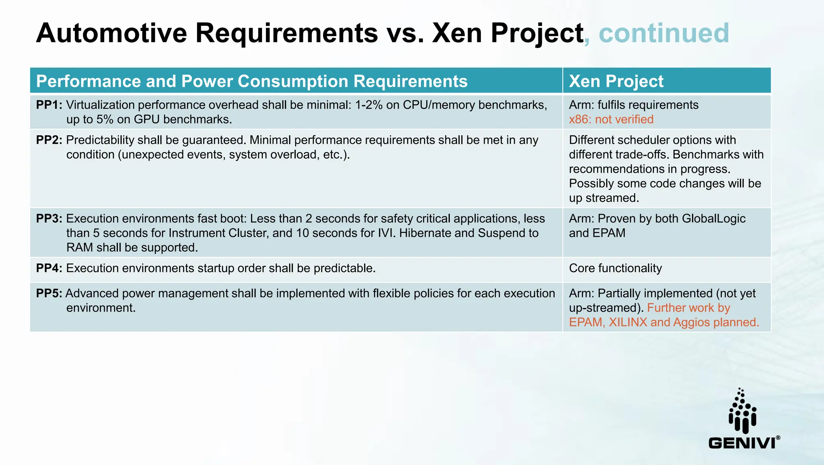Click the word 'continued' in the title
click(664, 33)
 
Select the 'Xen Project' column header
click(616, 81)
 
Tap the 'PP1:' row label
click(49, 105)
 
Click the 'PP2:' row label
click(49, 140)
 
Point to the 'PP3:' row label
click(49, 219)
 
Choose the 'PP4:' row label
click(49, 268)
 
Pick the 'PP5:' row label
click(49, 293)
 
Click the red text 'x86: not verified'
click(611, 120)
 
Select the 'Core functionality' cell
click(615, 268)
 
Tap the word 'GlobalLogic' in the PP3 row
click(713, 219)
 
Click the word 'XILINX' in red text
click(628, 322)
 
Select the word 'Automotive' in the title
click(111, 33)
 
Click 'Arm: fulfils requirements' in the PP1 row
click(634, 105)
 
